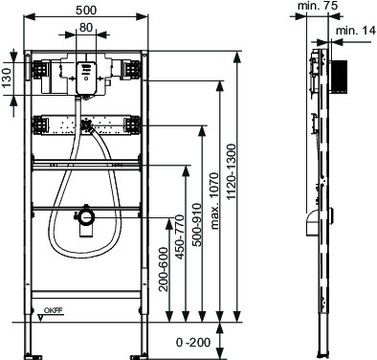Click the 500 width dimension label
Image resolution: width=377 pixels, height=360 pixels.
86,10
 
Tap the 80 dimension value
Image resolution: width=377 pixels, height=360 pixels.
86,28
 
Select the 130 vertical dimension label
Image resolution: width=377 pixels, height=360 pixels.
7,78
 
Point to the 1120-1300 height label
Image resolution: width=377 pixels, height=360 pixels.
232,171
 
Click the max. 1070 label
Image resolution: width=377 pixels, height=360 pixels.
215,201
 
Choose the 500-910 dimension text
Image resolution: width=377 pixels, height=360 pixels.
197,225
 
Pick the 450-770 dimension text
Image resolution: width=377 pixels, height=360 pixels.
180,237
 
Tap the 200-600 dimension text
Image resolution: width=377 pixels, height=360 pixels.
164,269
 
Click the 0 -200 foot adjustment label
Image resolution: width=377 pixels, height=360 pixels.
193,343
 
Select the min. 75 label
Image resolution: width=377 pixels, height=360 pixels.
317,6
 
